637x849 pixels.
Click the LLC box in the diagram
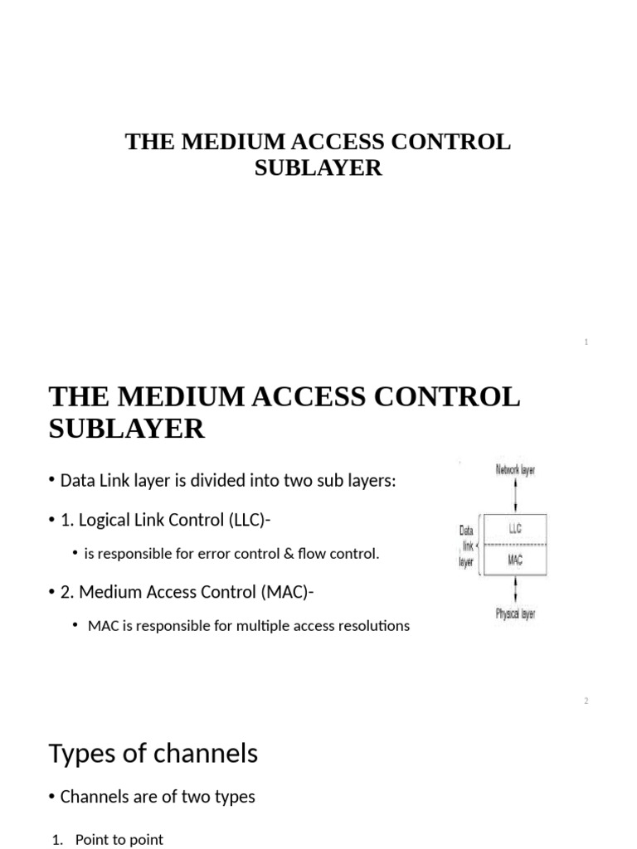point(515,529)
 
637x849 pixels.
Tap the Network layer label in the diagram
point(515,470)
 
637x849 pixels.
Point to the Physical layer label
point(515,614)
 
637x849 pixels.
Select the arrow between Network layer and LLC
point(516,496)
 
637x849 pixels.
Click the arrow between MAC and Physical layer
point(516,589)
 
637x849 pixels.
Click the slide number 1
point(586,342)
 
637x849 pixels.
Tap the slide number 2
point(586,701)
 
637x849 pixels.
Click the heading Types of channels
point(153,754)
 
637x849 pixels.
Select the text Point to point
point(119,840)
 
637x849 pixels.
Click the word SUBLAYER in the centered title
point(318,167)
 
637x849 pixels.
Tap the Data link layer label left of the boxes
point(466,545)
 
